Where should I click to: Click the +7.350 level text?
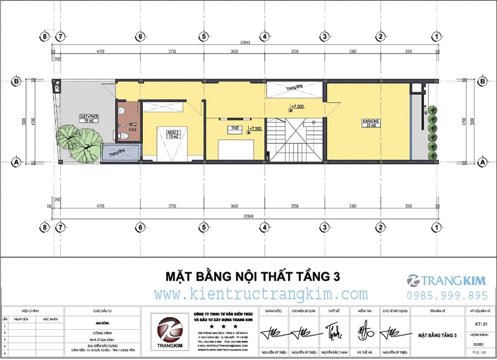pyautogui.click(x=256, y=128)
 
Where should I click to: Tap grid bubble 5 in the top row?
pyautogui.click(x=202, y=37)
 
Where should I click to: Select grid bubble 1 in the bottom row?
pyautogui.click(x=435, y=227)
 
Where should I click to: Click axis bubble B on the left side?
pyautogui.click(x=16, y=82)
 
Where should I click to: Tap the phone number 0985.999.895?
pyautogui.click(x=447, y=295)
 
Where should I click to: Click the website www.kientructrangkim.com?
pyautogui.click(x=261, y=294)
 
